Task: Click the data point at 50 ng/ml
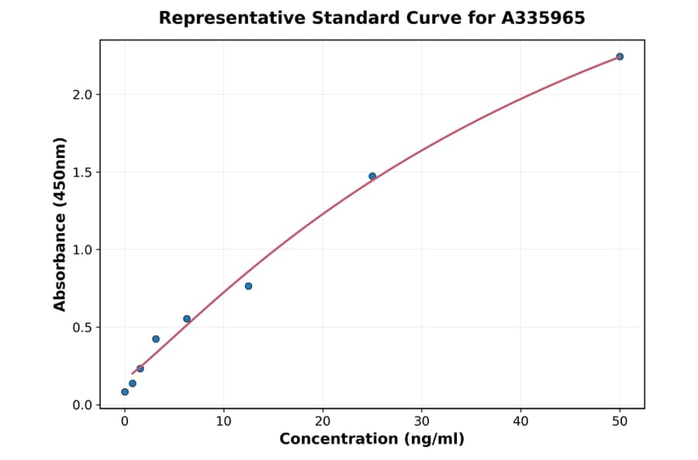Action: click(620, 57)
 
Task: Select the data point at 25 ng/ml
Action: click(372, 177)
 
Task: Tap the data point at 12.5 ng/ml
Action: click(248, 286)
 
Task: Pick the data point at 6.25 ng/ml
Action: click(187, 319)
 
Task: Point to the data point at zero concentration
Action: click(125, 392)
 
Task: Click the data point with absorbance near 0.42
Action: click(156, 339)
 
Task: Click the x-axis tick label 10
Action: click(223, 421)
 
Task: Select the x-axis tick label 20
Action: click(323, 421)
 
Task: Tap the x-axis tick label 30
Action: click(422, 421)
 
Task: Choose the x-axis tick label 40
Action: click(520, 421)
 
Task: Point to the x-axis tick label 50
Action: click(620, 421)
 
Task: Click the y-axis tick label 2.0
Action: click(83, 94)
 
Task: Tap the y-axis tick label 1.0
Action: click(83, 249)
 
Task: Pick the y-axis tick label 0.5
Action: click(83, 328)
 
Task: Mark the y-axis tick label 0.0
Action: click(83, 405)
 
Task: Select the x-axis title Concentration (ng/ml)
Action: click(371, 440)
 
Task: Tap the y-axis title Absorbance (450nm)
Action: click(60, 224)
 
